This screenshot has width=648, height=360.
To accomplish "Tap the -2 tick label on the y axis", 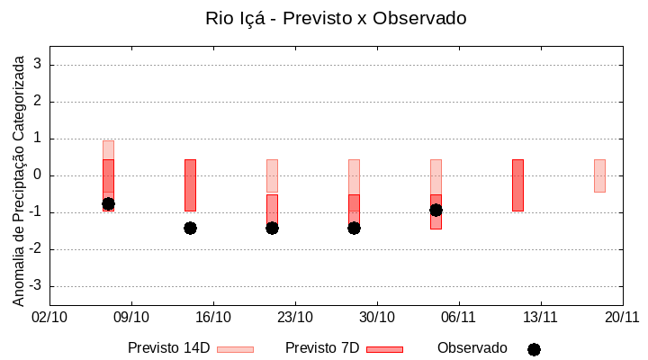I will click(36, 249).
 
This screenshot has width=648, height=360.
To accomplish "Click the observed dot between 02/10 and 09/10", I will click(108, 204).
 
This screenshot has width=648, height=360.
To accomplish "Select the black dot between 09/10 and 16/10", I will click(190, 228).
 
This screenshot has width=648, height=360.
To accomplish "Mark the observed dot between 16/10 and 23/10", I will click(272, 228).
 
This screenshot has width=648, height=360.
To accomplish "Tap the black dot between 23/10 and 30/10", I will click(354, 228).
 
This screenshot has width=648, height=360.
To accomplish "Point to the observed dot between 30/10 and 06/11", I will click(436, 210).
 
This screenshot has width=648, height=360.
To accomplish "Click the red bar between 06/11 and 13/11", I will click(517, 184).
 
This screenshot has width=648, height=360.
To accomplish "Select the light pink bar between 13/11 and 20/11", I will click(599, 175).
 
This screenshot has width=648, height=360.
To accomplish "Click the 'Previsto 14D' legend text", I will click(169, 348).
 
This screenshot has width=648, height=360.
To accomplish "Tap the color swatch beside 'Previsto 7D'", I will click(384, 349).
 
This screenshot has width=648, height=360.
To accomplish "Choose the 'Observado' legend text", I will click(472, 348).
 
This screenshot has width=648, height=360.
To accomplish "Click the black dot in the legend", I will click(534, 349).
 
